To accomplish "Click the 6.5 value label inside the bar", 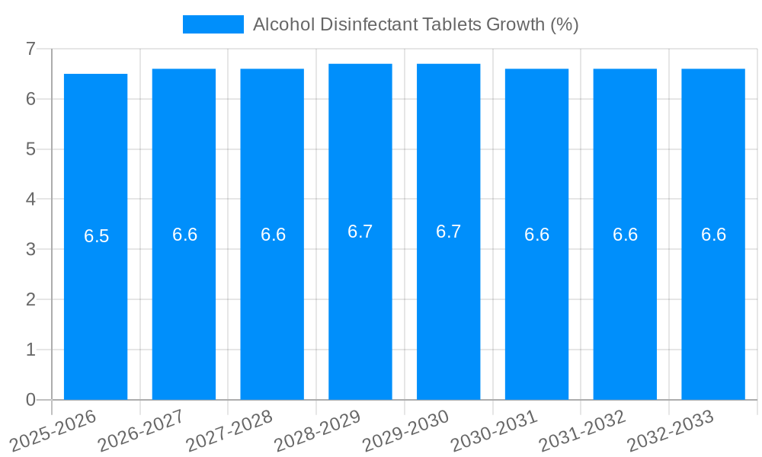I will click(97, 236).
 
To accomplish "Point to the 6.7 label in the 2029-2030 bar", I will click(448, 232).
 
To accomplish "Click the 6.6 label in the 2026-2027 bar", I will click(184, 235).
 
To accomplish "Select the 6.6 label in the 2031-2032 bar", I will click(625, 235).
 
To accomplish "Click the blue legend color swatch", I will click(213, 24).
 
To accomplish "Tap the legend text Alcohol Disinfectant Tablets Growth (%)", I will click(415, 24).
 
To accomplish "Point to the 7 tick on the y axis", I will click(30, 49).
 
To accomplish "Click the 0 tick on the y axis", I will click(30, 400).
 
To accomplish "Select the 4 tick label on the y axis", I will click(30, 200).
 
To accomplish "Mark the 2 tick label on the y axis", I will click(30, 299).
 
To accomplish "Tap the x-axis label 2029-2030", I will click(406, 430).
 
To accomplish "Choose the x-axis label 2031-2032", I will click(583, 430).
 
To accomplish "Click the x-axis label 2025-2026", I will click(53, 430).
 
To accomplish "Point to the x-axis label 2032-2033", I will click(671, 430).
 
